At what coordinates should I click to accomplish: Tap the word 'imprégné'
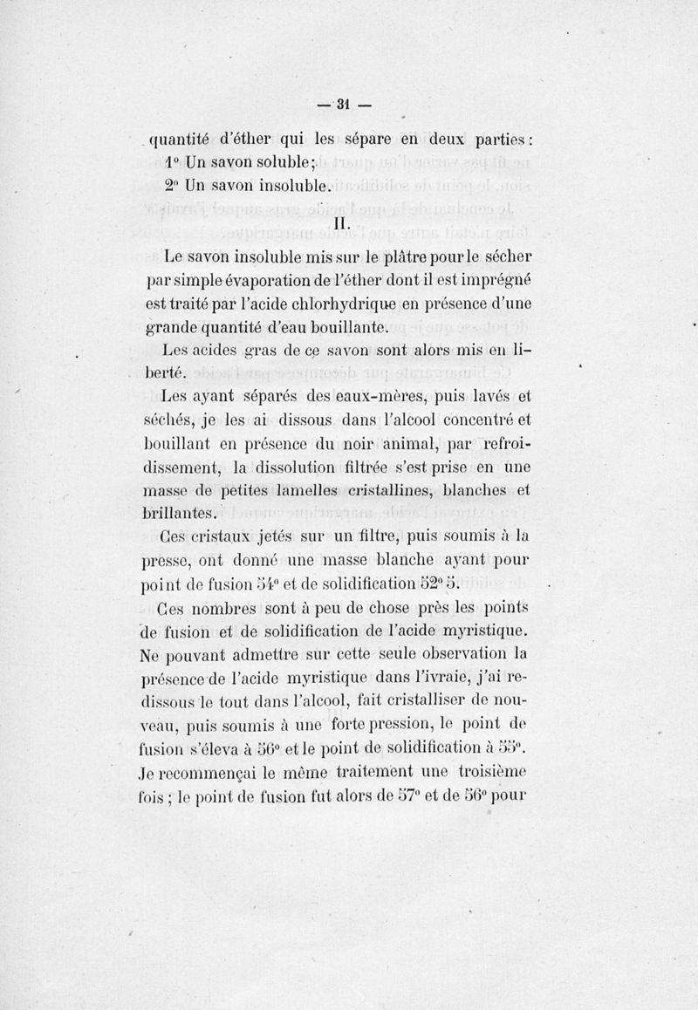[501, 281]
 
